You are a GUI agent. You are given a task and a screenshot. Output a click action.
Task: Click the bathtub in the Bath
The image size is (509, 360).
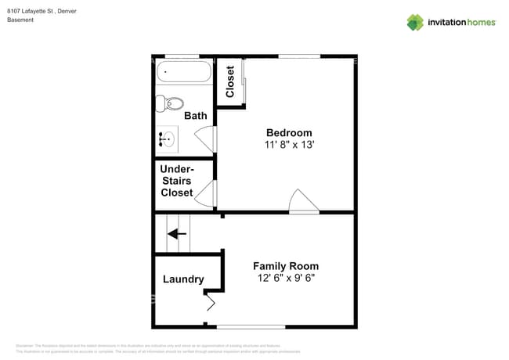[184, 73]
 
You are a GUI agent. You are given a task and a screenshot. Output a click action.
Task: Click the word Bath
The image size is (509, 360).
[196, 116]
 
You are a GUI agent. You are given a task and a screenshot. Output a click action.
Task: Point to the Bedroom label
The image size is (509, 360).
[289, 133]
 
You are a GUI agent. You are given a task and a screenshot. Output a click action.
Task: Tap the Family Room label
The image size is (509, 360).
[286, 266]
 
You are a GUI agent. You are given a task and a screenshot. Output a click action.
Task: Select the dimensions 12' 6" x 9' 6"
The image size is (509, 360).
[286, 278]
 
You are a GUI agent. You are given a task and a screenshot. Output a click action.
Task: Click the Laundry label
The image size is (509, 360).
[183, 279]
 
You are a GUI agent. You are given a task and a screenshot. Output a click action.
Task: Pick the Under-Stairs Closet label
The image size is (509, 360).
[177, 181]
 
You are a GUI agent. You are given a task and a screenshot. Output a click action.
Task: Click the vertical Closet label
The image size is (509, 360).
[230, 81]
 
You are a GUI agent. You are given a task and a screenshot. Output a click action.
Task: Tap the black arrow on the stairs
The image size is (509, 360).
[177, 233]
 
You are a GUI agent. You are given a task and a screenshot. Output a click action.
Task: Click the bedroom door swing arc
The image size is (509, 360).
[304, 201]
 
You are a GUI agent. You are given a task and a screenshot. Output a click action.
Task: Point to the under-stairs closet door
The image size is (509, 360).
[205, 193]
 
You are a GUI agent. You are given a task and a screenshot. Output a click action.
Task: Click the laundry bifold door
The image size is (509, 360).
[211, 300]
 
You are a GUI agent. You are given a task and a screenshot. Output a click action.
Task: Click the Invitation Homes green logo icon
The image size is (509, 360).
[414, 22]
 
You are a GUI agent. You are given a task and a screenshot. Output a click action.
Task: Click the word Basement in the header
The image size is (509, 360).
[20, 20]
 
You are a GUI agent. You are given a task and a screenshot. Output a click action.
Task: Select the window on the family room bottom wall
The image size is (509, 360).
[251, 326]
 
